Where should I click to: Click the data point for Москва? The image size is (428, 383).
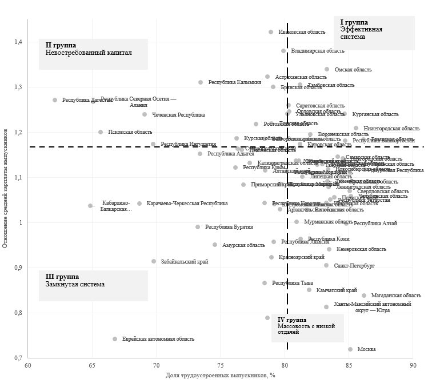pos(350,349)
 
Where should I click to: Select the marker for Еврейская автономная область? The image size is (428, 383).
pos(115,339)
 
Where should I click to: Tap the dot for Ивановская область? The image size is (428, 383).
pos(271,32)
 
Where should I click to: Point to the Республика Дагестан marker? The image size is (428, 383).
pos(55,100)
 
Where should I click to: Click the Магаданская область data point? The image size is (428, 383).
pos(364,296)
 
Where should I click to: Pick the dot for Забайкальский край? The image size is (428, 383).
pos(154,261)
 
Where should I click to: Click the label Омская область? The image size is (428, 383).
pos(353,70)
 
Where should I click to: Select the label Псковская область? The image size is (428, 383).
pos(130,132)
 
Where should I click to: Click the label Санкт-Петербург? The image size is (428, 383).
pos(354,266)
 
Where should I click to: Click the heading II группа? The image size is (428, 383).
pos(61,45)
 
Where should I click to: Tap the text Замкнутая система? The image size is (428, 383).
pos(75,284)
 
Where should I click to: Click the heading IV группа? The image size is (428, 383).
pos(291,320)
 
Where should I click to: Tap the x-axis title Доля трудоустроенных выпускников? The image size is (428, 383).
pos(221,375)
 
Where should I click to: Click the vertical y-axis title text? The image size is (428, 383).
pos(5,189)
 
